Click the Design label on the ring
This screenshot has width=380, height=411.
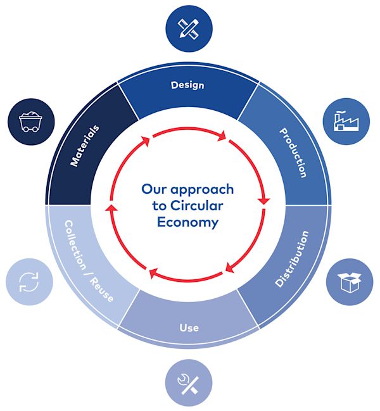tap(187, 85)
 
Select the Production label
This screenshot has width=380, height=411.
tap(293, 153)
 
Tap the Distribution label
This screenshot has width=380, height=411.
tap(292, 259)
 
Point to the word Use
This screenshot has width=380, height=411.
tap(189, 328)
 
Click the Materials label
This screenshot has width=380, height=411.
tap(85, 146)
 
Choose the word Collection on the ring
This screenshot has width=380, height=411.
tap(75, 245)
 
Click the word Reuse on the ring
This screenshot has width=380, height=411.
tap(102, 289)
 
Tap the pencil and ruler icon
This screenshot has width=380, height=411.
tap(189, 28)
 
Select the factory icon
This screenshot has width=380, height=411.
tap(346, 121)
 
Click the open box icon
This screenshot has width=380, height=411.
tap(350, 282)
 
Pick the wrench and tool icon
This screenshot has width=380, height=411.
tap(189, 383)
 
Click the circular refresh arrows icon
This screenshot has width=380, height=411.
tap(29, 282)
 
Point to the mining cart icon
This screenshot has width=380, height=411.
tap(30, 122)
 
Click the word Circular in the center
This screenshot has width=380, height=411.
tap(196, 206)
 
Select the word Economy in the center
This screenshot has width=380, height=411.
tap(187, 222)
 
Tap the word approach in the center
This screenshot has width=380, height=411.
tap(202, 190)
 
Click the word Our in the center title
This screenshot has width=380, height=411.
tap(155, 189)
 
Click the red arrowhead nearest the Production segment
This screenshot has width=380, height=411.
tap(264, 201)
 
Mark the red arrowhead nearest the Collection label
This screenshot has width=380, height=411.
tap(111, 208)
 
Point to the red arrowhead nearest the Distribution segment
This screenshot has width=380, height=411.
tap(229, 268)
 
